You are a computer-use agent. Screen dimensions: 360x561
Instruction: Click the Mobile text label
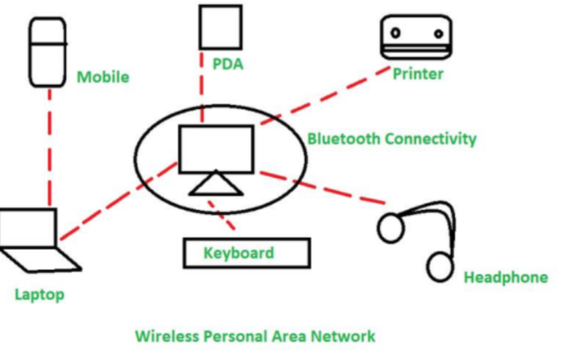[x=103, y=77]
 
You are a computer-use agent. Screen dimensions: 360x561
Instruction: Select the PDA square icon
[x=221, y=27]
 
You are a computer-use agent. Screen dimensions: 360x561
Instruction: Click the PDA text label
[x=228, y=63]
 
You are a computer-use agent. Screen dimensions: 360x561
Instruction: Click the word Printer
[x=417, y=74]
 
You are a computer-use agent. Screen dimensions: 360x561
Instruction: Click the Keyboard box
[x=246, y=253]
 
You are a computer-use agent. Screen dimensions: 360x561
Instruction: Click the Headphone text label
[x=506, y=278]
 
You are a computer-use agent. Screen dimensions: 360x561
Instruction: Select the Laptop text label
[x=40, y=295]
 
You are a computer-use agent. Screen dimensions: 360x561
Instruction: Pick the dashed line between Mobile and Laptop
[x=49, y=146]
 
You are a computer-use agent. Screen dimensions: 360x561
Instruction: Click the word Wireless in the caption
[x=165, y=336]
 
